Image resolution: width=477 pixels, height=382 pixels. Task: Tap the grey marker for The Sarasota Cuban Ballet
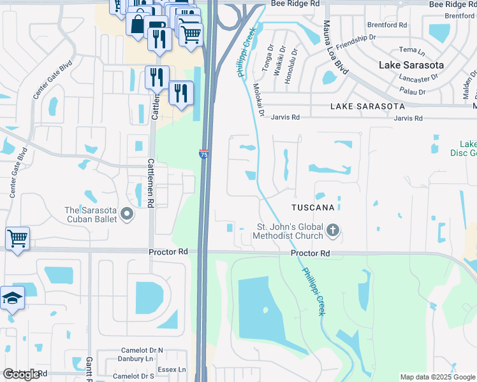[x=126, y=215]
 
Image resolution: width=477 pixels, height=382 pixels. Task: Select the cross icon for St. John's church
[x=332, y=230]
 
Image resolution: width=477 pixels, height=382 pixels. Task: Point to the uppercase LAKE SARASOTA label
[x=367, y=106]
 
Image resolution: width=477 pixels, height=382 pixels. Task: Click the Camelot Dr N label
[x=143, y=350]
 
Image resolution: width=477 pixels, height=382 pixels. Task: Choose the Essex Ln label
[x=172, y=369]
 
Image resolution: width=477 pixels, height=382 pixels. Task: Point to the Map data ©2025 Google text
[x=437, y=377]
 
